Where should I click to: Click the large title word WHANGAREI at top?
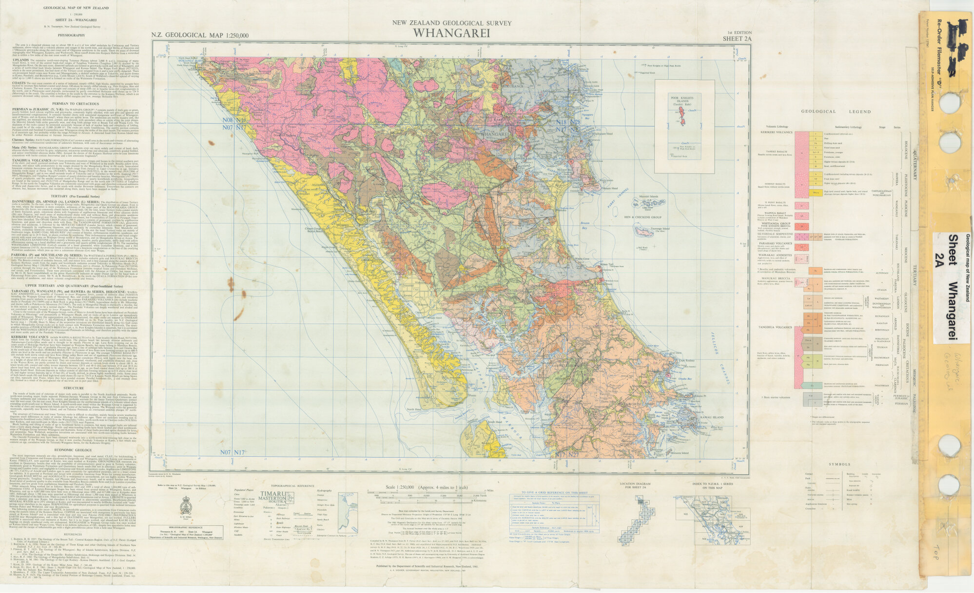(x=451, y=33)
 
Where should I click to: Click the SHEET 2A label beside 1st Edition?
(x=737, y=39)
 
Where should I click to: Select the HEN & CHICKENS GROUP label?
(x=643, y=217)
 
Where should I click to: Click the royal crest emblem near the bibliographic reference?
(x=185, y=506)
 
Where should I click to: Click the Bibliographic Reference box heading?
(x=185, y=527)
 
